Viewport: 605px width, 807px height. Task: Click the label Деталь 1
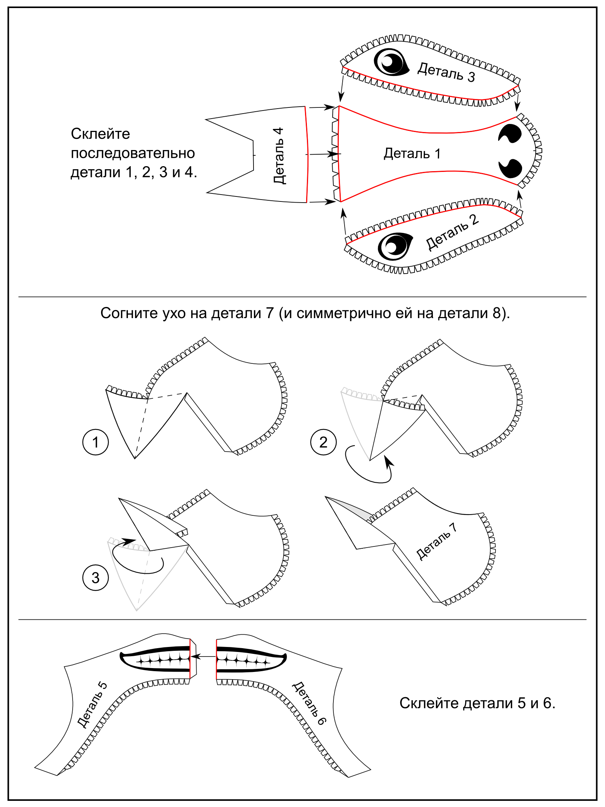coord(412,153)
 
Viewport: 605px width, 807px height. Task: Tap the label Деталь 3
coord(446,72)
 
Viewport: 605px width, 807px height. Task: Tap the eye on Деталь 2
coord(395,246)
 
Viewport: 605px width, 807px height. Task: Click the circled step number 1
coord(96,442)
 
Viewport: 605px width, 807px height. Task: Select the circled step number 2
coord(323,442)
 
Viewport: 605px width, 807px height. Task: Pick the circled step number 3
coord(96,578)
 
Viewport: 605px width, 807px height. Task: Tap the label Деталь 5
coord(92,704)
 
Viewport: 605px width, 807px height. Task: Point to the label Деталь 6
coord(310,703)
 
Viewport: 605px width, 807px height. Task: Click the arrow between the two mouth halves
coord(203,657)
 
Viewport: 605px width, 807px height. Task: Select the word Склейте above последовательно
coord(100,134)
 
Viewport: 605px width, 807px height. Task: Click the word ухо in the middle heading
coord(174,314)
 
